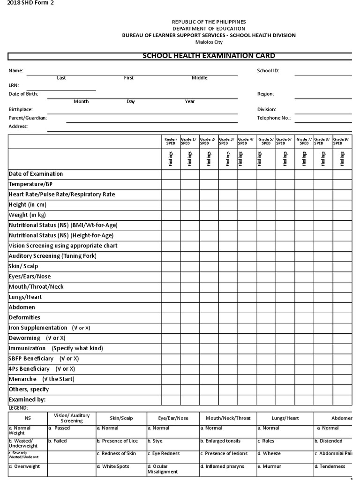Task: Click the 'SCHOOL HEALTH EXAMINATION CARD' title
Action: point(209,56)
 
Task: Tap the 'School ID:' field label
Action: point(269,71)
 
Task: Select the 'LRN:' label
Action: point(14,86)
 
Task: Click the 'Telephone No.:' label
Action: point(274,118)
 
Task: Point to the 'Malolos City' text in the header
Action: point(209,42)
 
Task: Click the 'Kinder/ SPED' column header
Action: point(171,141)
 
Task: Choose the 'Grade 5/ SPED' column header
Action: point(266,141)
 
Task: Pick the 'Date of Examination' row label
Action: point(36,174)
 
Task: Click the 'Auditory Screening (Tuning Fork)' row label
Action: point(52,256)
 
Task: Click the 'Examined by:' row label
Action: point(27,400)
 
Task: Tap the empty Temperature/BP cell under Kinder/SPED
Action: point(171,184)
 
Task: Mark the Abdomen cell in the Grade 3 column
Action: point(227,307)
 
